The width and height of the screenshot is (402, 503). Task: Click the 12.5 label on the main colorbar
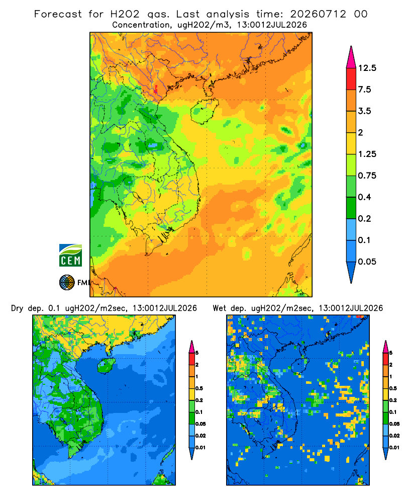coord(367,68)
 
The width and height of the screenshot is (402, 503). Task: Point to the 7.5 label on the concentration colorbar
coord(364,90)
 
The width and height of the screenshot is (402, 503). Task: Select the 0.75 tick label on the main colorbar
coord(367,176)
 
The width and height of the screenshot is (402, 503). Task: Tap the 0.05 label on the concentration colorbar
coord(367,262)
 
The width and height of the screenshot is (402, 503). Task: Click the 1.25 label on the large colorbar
coord(367,154)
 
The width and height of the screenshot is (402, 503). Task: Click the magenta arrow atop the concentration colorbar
coord(351,57)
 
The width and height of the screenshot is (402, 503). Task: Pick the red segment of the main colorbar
coord(351,79)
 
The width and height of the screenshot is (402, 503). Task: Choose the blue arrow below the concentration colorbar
coord(351,272)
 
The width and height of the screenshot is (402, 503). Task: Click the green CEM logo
coord(70,256)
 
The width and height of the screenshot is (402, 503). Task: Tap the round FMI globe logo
coord(67,283)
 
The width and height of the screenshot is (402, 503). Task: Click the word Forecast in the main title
coord(58,14)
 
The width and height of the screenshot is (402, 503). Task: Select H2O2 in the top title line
coord(125,14)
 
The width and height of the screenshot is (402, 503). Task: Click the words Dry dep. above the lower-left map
coord(27,308)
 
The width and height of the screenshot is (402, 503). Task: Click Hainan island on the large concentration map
coord(204,111)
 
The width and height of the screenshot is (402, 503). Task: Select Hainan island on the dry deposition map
coord(106,365)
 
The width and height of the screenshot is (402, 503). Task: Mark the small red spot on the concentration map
coord(156,89)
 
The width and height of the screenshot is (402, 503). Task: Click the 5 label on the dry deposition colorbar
coord(197,353)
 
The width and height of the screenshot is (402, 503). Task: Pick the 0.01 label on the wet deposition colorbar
coord(394,448)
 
